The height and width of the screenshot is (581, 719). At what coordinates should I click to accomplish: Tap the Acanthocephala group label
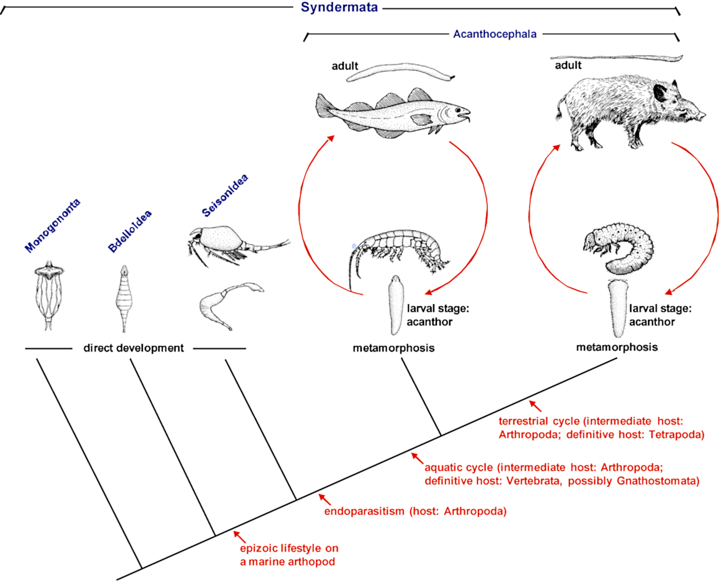pos(495,34)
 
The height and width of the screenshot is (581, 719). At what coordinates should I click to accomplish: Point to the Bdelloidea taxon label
pos(130,231)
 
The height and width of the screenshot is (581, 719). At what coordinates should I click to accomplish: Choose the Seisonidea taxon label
pos(225,195)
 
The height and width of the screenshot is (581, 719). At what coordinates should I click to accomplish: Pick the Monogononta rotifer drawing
pos(49,295)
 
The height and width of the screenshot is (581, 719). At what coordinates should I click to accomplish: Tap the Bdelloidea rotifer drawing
pos(124,298)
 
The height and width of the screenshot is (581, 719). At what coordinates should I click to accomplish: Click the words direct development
pos(134,348)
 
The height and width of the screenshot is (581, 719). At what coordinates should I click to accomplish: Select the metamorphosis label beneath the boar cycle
pos(617,347)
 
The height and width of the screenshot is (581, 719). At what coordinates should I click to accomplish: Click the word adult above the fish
pos(345,66)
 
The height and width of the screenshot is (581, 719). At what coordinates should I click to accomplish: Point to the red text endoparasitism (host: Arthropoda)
pos(415,511)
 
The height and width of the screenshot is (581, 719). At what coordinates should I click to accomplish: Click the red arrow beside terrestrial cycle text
pos(535,406)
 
